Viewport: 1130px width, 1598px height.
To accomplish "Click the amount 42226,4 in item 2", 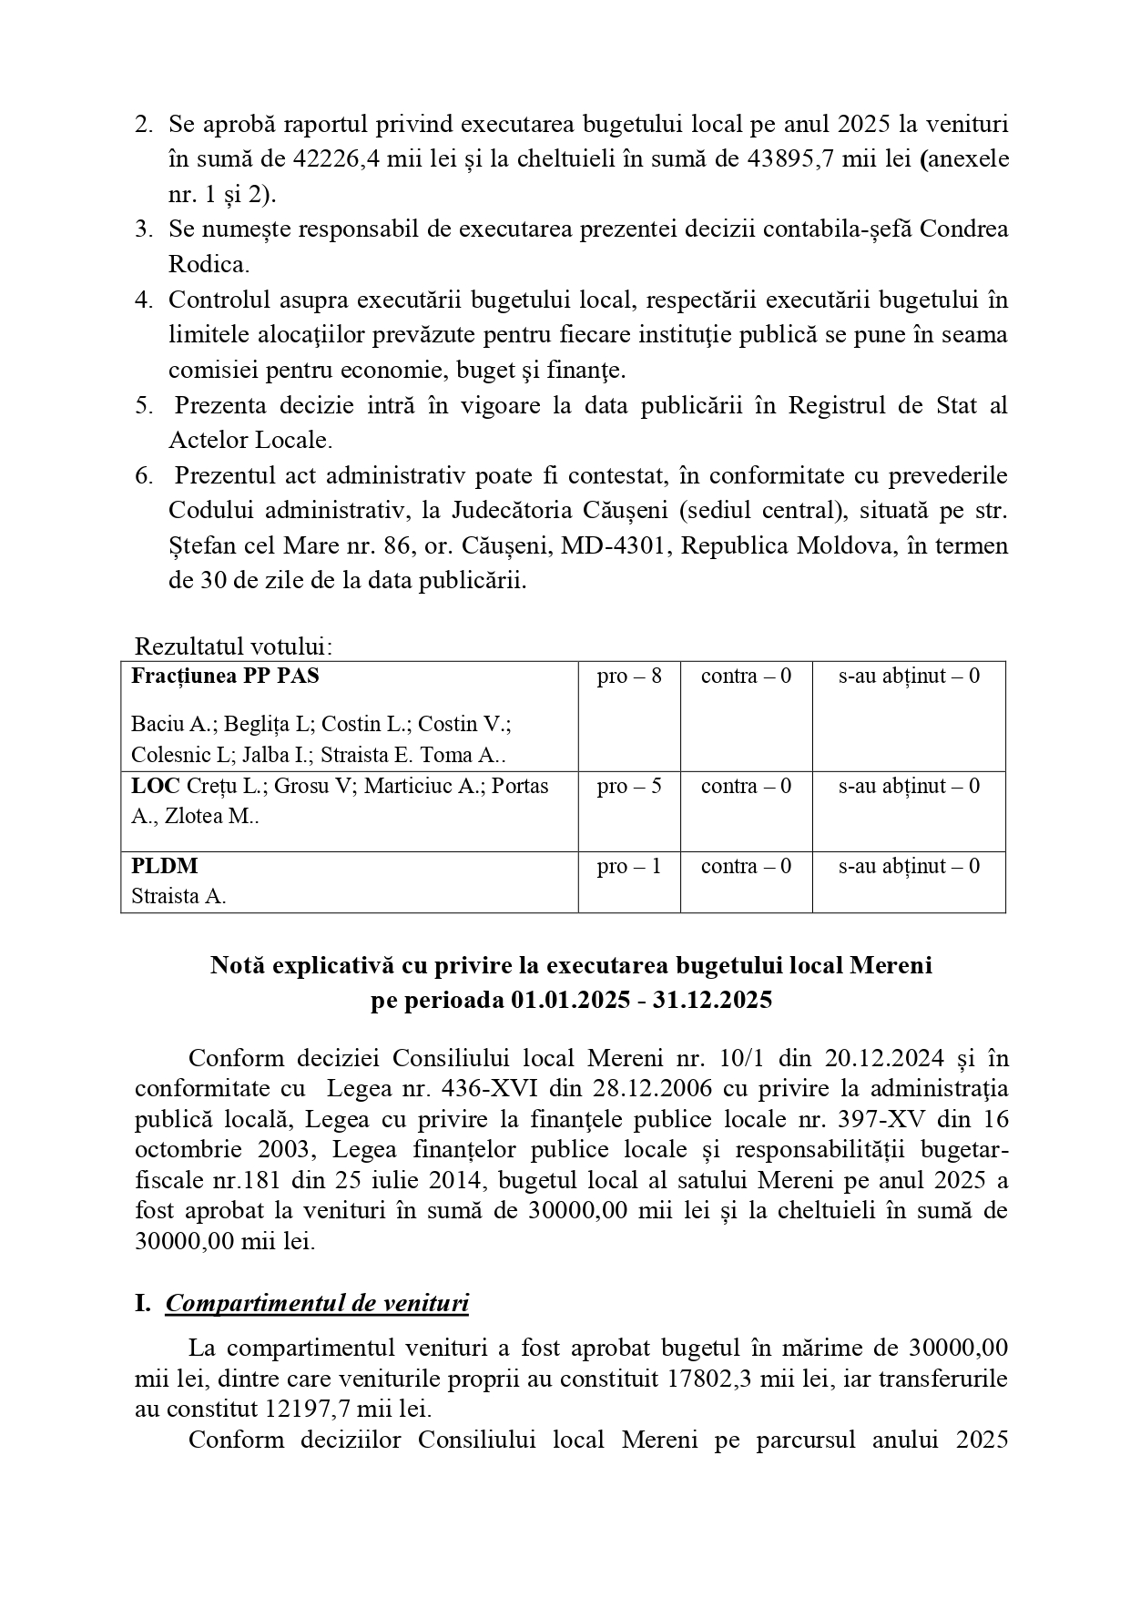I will tap(333, 158).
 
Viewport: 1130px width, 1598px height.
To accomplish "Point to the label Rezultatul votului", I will tap(233, 646).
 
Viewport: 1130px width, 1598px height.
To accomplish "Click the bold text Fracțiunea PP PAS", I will tap(225, 677).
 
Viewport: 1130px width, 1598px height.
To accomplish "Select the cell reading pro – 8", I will tap(629, 677).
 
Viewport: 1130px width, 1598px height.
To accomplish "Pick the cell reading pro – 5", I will tap(629, 786).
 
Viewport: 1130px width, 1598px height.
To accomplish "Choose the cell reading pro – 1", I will tap(629, 866).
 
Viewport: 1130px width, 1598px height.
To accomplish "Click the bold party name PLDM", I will tap(165, 866).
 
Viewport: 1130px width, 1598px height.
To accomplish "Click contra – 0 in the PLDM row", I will tap(746, 866).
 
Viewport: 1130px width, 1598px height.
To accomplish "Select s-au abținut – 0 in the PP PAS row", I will tap(909, 677).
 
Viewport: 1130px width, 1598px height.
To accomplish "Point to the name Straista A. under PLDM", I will tap(178, 896).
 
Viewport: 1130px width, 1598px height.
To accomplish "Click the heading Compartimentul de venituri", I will tap(317, 1303).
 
